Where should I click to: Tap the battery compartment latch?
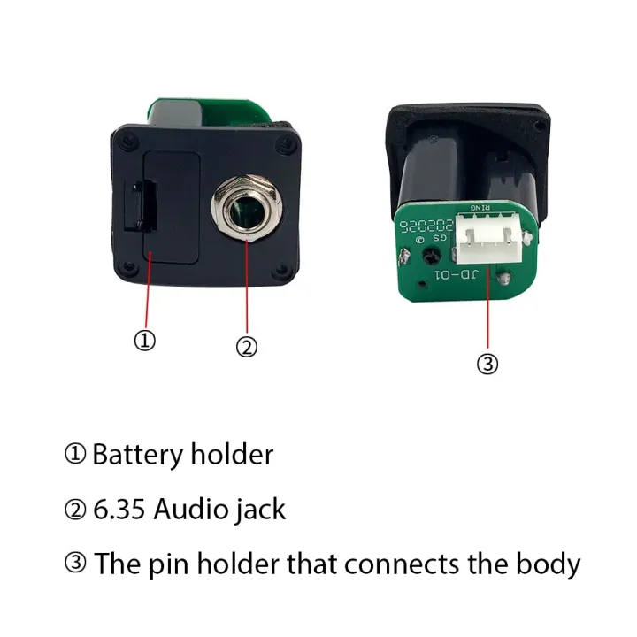coord(141,207)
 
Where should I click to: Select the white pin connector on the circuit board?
coord(488,239)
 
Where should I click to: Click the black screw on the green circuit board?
coord(432,257)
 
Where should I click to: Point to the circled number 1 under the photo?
coord(144,340)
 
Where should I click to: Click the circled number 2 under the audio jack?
coord(247,348)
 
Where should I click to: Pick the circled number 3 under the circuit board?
coord(487,364)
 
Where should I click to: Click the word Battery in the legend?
coord(137,455)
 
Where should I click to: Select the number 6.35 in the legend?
coord(119,509)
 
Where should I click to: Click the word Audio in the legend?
coord(191,509)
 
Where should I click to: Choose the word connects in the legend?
coord(402,564)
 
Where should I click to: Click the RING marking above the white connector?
coord(480,208)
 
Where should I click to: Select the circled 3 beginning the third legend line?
coord(75,564)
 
